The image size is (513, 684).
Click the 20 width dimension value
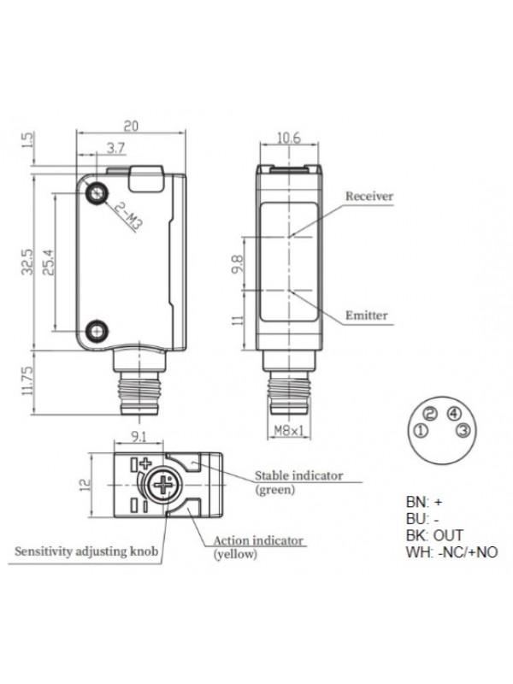click(131, 124)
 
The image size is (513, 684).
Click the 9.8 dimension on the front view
click(239, 265)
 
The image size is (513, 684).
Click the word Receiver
click(369, 196)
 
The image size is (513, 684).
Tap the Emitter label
click(367, 315)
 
